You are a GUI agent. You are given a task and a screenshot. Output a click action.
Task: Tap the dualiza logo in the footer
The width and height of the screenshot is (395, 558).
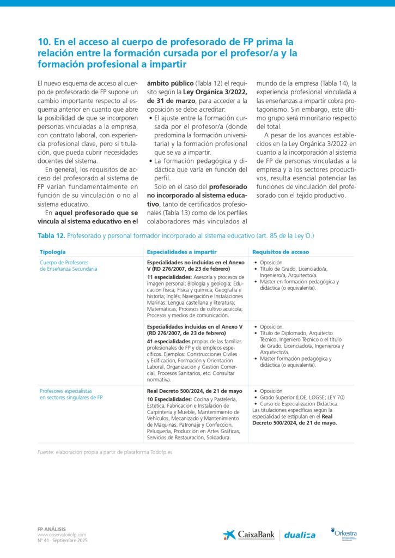point(300,535)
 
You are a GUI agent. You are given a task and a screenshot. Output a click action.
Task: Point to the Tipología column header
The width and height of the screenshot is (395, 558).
point(53,252)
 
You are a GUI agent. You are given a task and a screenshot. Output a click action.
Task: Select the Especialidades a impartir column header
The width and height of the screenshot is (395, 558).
point(181,252)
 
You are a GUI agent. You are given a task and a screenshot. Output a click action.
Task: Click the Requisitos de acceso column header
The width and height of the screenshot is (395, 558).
point(281,252)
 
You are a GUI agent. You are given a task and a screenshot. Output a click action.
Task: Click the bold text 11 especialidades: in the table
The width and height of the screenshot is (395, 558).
point(169,277)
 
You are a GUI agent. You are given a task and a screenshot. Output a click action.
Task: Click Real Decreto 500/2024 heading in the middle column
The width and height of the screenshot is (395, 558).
point(195,391)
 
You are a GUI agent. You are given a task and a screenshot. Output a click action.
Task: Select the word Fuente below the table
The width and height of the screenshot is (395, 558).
point(45,452)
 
